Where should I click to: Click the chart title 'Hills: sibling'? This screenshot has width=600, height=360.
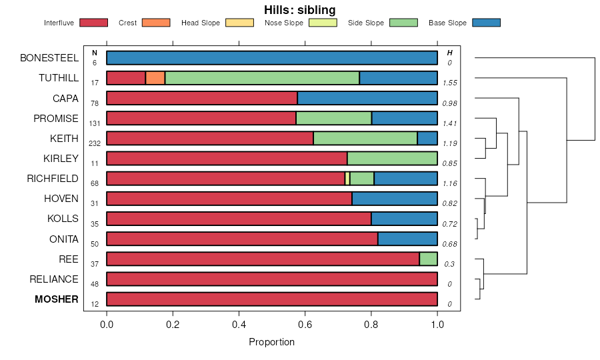[299, 10]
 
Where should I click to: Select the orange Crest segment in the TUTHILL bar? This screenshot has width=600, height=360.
[155, 78]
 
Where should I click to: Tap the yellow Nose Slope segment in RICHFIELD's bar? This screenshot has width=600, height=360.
[347, 179]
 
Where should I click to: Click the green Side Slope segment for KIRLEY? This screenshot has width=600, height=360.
[392, 159]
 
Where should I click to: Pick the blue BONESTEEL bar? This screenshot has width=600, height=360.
[272, 58]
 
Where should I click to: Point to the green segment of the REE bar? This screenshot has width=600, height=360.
[428, 259]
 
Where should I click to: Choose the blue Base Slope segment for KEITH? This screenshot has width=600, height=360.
[427, 139]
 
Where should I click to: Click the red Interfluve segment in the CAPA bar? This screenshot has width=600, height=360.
[202, 98]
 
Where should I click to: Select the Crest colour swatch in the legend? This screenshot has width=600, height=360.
[156, 23]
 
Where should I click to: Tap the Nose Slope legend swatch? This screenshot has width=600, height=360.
[323, 23]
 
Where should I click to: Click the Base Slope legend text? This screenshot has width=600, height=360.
[447, 23]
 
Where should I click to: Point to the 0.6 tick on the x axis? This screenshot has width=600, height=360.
[305, 325]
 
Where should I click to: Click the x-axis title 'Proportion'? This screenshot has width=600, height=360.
[271, 342]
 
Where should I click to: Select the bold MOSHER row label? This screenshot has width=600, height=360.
[57, 299]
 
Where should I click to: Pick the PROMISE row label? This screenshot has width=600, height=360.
[56, 119]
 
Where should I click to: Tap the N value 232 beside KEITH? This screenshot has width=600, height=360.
[95, 143]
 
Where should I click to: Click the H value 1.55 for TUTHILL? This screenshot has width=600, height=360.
[449, 83]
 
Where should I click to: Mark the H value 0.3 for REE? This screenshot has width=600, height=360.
[450, 264]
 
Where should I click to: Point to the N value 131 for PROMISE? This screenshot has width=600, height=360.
[95, 123]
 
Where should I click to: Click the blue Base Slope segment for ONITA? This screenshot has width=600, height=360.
[407, 239]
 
